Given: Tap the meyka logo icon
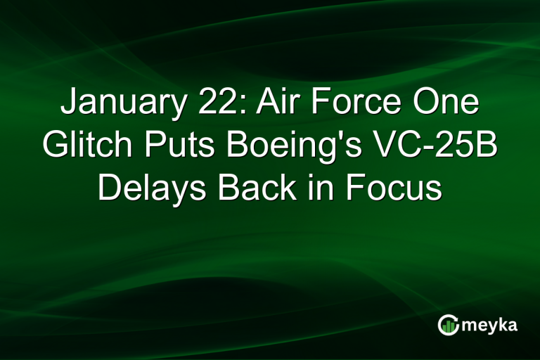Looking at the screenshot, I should coord(449,324).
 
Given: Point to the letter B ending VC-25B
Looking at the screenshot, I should coord(486,147).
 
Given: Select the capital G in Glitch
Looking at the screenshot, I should coord(53,147).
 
